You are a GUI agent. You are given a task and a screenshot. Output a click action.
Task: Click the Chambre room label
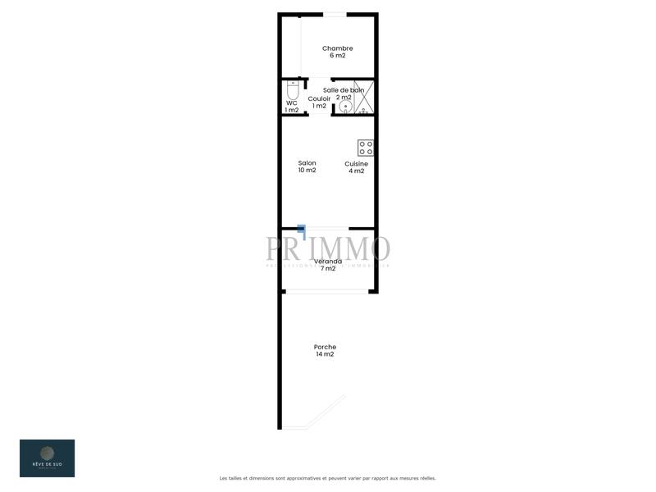337,48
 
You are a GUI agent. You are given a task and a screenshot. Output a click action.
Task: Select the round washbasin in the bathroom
347,107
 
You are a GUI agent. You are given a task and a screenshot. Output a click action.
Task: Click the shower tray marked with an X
364,96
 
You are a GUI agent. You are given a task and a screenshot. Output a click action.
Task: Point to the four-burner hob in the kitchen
366,148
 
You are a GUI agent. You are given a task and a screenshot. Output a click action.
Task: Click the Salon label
307,163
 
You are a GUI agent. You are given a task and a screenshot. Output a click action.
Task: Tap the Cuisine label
356,164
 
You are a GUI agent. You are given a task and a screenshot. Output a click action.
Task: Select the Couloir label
319,98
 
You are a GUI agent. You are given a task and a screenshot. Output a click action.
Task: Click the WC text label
291,102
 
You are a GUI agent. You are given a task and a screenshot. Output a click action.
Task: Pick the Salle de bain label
343,90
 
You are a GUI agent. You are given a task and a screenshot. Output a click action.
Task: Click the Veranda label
328,262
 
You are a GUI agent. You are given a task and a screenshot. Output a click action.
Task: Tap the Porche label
325,347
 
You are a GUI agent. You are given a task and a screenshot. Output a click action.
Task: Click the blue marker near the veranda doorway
302,230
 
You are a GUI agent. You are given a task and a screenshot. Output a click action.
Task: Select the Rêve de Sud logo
47,458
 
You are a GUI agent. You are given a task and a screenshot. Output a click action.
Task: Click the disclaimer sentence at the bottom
328,478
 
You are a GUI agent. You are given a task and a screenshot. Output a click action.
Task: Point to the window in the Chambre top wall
335,14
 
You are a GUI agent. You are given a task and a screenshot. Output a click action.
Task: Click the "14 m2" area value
325,354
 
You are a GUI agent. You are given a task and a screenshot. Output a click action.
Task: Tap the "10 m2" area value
307,171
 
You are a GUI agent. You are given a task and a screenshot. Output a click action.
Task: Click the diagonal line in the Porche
325,413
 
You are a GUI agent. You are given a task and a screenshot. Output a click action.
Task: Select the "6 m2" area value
337,56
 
